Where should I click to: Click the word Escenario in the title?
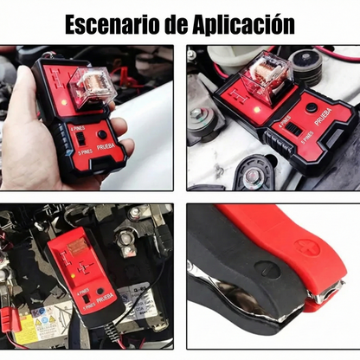pyautogui.click(x=110, y=23)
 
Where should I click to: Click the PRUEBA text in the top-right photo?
pyautogui.click(x=320, y=133)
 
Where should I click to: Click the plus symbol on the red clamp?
pyautogui.click(x=309, y=247)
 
